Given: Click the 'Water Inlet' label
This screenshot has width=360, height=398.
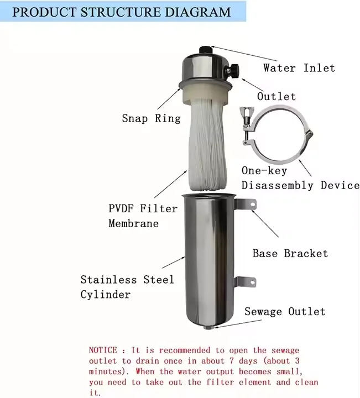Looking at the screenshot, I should [299, 68].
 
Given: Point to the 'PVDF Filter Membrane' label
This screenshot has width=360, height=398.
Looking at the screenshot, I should [143, 216].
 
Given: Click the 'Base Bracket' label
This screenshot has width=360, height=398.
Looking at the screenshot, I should [290, 253].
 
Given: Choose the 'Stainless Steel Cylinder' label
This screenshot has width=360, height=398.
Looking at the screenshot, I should [127, 287].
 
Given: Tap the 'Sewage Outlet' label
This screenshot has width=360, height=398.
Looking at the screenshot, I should [285, 312].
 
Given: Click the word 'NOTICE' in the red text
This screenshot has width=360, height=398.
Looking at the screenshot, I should [103, 350].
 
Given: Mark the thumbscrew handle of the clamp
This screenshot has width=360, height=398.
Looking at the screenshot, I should [243, 117].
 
